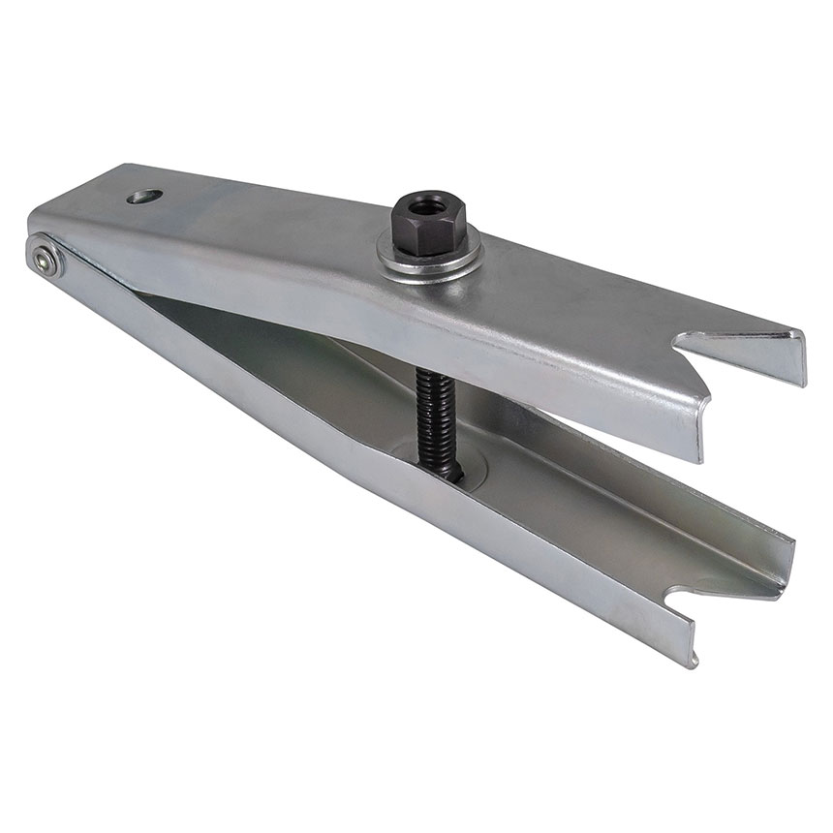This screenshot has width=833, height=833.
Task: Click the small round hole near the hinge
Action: pyautogui.click(x=142, y=198)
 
